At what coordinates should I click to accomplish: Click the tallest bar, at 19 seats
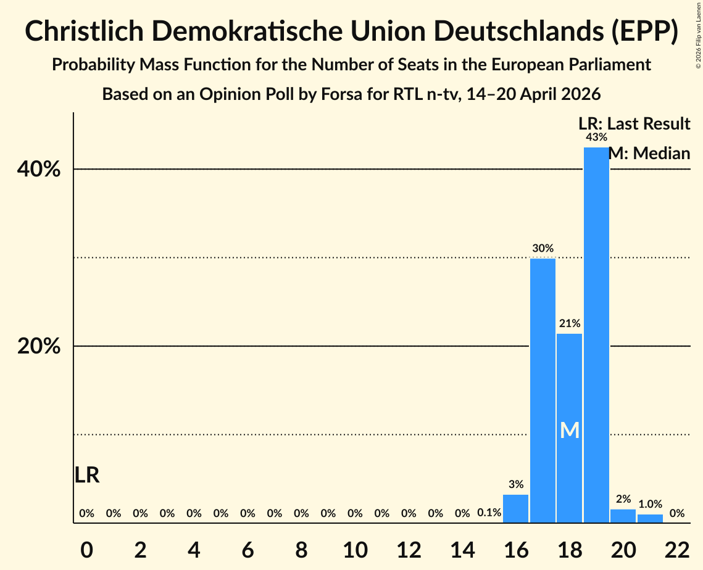tap(596, 335)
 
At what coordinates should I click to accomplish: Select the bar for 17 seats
tap(543, 390)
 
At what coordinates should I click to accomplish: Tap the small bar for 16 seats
tap(515, 508)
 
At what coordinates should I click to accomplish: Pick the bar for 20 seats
tap(623, 516)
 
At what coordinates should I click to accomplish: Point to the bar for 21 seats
tap(650, 518)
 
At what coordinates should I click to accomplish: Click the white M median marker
tap(570, 430)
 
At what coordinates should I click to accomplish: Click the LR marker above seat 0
tap(86, 475)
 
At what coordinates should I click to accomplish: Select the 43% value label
tap(596, 137)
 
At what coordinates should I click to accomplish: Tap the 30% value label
tap(543, 248)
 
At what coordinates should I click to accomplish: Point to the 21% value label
tap(570, 323)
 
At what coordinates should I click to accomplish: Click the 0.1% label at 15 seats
tap(489, 513)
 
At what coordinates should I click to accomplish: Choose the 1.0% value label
tap(650, 504)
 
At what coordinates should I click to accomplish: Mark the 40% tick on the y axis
tap(38, 170)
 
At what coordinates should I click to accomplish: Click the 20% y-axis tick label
tap(38, 347)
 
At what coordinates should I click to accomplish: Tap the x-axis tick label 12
tap(409, 550)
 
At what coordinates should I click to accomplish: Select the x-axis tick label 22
tap(677, 550)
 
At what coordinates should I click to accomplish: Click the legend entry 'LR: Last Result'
tap(634, 123)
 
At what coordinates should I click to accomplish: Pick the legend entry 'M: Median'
tap(649, 153)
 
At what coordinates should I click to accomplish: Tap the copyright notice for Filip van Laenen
tap(698, 35)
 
